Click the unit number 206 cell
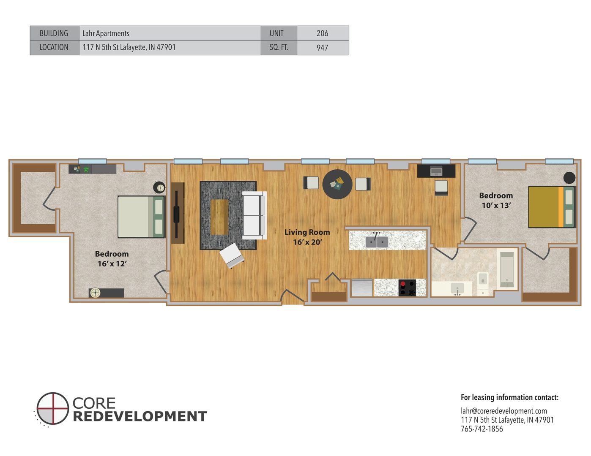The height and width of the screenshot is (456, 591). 323,33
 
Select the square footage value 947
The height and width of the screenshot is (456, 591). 323,48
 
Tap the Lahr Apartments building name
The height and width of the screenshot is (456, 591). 106,33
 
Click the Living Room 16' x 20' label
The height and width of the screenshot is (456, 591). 307,237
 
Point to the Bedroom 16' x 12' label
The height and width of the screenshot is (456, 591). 112,259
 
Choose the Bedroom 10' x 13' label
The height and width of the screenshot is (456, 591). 496,201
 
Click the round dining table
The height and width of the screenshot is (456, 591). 337,185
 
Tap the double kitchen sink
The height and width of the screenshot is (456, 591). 377,242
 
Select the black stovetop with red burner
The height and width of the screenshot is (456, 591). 407,288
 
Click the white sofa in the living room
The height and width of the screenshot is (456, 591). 254,215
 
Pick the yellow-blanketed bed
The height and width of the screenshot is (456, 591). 552,207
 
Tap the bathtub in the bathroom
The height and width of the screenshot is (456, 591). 507,270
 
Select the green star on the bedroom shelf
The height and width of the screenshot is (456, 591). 86,169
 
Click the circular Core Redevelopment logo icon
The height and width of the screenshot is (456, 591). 52,408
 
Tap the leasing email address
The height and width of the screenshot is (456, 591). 503,411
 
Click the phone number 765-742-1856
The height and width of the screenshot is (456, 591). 482,429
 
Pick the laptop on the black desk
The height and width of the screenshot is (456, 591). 436,171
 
